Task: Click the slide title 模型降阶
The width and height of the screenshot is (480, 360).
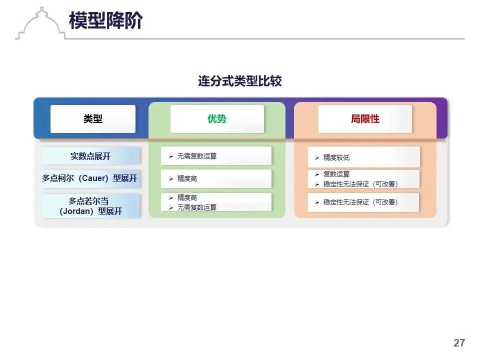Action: pos(106,20)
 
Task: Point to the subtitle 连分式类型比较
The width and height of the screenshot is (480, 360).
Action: pos(240,81)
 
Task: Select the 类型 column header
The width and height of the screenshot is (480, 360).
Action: pos(93,119)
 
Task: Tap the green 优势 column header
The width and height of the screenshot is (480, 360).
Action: pos(217,119)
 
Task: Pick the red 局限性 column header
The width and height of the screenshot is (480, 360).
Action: pos(365,119)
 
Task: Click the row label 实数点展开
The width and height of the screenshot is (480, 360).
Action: pos(90,156)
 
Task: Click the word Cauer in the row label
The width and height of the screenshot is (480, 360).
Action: pos(92,178)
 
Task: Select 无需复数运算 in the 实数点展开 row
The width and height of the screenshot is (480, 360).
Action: pos(197,156)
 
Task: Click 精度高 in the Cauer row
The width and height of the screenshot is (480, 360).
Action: pos(187,178)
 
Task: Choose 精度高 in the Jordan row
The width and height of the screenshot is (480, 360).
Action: pos(187,197)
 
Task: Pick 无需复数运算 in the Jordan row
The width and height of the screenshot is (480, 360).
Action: pos(197,207)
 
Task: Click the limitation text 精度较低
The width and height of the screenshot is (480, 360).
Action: pos(336,158)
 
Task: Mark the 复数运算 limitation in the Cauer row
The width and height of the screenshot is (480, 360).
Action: pos(336,174)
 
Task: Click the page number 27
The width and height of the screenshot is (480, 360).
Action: pos(459,343)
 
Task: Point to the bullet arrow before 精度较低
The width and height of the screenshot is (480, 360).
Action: pos(317,158)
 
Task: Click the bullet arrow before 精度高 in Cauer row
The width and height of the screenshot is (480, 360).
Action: pos(171,179)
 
